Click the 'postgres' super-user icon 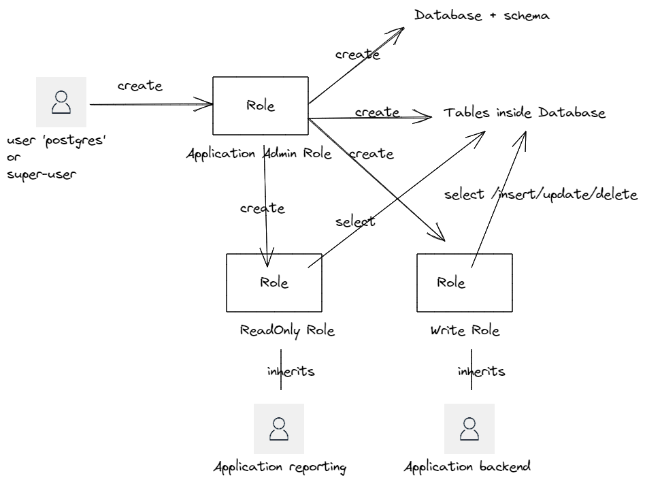[x=61, y=102]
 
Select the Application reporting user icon [x=278, y=428]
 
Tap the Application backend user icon [x=469, y=428]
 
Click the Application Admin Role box [x=261, y=106]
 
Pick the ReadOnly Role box [x=274, y=282]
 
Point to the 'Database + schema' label [x=482, y=15]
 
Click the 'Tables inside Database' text [x=524, y=113]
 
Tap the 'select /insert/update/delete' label [x=540, y=195]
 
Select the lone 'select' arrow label [x=354, y=222]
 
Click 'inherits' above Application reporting [x=291, y=372]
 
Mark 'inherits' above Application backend [x=480, y=372]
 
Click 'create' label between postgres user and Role [x=139, y=86]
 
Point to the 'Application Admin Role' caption [x=259, y=154]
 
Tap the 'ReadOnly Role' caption [x=287, y=331]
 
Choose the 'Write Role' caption [x=465, y=331]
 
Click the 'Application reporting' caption [x=280, y=467]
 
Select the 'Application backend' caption [x=467, y=467]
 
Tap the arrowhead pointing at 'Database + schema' [x=401, y=30]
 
